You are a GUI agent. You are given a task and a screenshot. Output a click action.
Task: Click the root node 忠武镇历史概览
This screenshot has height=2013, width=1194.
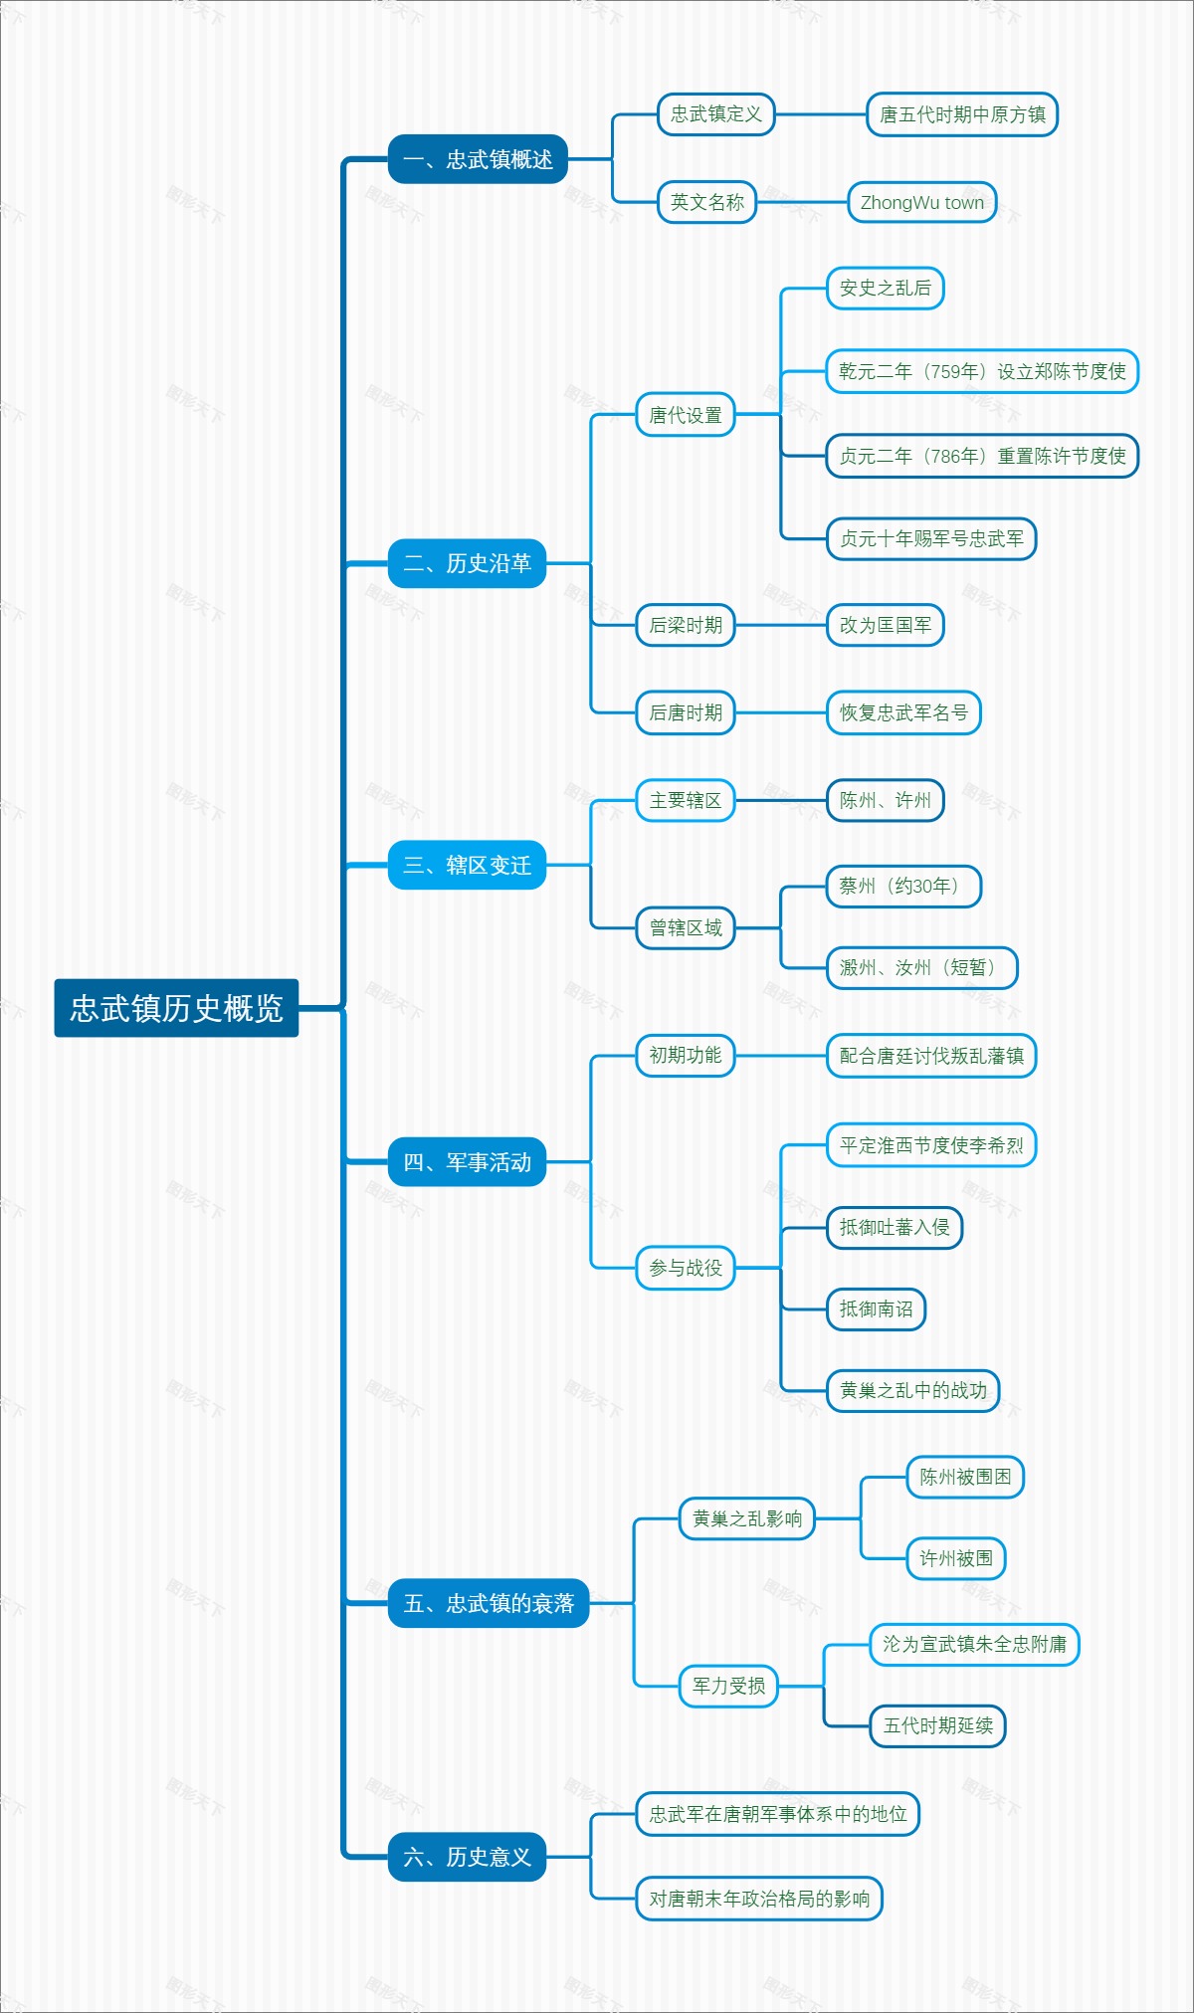pos(176,1008)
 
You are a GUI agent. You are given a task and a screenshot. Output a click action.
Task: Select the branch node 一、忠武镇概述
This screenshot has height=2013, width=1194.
pos(478,159)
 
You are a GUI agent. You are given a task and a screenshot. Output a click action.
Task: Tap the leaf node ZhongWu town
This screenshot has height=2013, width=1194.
pos(921,203)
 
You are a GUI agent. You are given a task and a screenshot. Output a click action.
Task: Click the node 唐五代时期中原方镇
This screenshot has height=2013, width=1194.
pos(961,114)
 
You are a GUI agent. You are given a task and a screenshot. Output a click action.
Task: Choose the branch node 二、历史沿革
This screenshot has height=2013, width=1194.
pos(467,563)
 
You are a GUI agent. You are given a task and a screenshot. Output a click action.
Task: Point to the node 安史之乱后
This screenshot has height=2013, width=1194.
pos(885,289)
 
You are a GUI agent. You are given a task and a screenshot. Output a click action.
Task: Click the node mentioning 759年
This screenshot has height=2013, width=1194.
pos(981,372)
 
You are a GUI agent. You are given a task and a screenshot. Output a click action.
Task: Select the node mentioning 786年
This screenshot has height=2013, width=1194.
pos(981,456)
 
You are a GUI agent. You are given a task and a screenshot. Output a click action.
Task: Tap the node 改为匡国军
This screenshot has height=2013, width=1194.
pos(885,625)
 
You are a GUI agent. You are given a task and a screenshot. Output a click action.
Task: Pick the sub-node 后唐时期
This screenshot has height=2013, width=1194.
pos(685,712)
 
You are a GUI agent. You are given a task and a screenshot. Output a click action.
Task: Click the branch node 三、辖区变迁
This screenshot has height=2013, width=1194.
pos(467,865)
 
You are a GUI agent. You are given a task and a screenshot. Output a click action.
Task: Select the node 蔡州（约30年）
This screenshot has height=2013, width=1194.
pos(903,886)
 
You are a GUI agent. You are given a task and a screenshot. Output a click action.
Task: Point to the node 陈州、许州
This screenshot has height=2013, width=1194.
pos(885,800)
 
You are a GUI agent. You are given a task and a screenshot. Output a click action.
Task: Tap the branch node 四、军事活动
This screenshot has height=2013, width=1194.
pos(467,1161)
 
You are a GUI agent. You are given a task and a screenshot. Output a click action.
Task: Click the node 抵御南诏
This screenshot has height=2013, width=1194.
pos(876,1308)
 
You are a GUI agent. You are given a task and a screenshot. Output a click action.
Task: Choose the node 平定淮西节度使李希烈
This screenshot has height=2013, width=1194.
pos(931,1145)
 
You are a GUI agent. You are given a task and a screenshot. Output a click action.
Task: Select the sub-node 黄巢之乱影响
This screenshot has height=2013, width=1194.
pos(746,1518)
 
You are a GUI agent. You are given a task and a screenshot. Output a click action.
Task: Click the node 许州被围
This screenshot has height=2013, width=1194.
pos(955,1558)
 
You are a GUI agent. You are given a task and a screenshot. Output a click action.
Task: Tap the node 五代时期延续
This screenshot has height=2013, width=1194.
pos(937,1725)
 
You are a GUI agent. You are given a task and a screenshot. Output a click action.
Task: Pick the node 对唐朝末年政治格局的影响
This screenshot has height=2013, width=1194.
pos(759,1899)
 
